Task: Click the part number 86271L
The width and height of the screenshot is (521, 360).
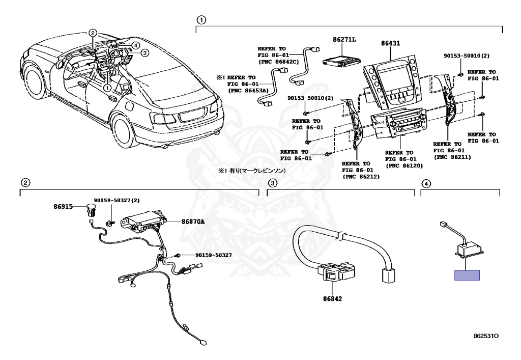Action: coord(344,39)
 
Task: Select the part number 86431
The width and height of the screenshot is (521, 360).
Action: coord(391,44)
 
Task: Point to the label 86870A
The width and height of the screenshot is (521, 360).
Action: coord(193,221)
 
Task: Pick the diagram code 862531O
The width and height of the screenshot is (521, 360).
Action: coord(486,336)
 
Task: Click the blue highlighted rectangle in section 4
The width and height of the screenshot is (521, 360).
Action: coord(467,275)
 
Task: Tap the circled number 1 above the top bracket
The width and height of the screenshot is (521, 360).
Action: coord(201,20)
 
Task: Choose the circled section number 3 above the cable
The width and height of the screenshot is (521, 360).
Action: coord(272,183)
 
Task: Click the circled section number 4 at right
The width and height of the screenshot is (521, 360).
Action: coord(426,183)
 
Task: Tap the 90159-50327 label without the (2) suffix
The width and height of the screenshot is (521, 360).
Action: coord(213,255)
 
